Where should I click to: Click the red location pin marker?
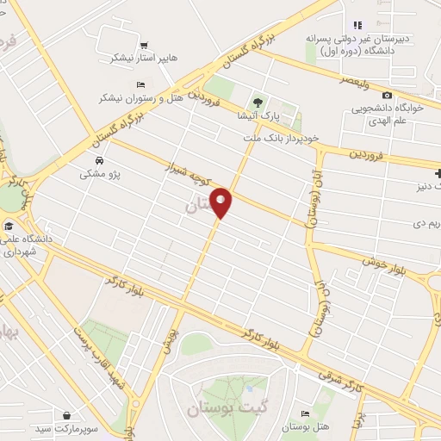point(222,202)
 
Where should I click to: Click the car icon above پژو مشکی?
point(100,160)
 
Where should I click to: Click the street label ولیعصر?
point(359,81)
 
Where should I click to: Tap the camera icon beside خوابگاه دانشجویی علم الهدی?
point(387,95)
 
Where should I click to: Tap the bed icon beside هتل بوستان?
point(305,414)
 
